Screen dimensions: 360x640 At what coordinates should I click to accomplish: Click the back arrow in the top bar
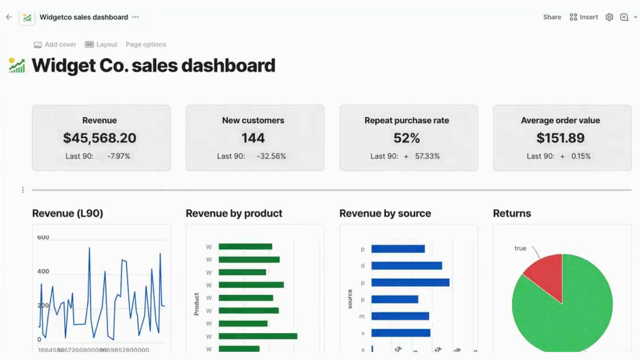tap(9, 17)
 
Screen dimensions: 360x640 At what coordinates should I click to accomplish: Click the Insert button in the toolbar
tap(584, 17)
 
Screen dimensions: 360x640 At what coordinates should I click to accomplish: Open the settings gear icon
tap(609, 17)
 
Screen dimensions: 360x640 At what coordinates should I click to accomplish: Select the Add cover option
tap(55, 44)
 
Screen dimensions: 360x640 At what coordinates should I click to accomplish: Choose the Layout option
tap(101, 44)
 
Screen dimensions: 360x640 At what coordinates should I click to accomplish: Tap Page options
tap(146, 44)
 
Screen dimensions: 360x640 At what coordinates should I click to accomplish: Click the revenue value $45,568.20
tap(100, 138)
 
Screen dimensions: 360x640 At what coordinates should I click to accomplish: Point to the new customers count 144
tap(253, 138)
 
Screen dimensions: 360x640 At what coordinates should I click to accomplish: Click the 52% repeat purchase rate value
tap(406, 138)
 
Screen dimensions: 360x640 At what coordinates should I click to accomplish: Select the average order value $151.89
tap(560, 138)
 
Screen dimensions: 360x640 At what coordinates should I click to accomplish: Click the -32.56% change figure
tap(271, 156)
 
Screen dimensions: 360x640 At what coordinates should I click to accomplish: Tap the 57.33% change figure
tap(427, 156)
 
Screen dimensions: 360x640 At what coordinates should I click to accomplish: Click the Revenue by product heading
tap(234, 213)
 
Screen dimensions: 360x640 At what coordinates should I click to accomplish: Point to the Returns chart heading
tap(512, 213)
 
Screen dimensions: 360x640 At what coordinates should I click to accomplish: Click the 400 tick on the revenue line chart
tap(43, 271)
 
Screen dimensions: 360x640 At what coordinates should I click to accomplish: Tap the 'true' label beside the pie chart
tap(520, 248)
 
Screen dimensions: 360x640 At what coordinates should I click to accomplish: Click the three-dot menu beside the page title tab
tap(135, 17)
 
